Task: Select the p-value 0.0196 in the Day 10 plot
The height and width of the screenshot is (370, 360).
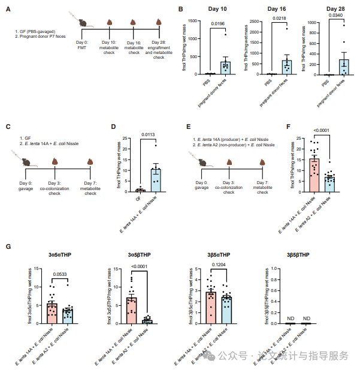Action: pos(217,24)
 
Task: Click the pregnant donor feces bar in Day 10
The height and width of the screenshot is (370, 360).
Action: pos(225,68)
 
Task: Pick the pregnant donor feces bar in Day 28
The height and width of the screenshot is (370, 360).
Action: pos(344,67)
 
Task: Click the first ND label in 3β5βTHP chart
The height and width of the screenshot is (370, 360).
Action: pos(291,318)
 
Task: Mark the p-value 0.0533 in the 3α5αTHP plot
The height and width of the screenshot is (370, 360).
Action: pos(61,275)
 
